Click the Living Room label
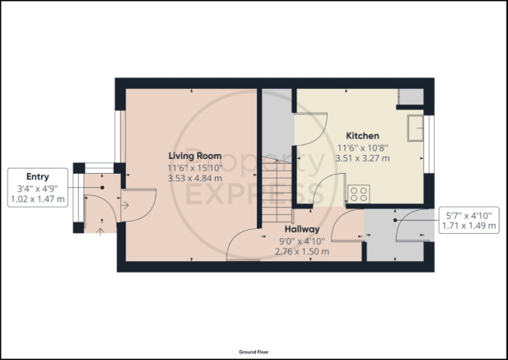click(195, 156)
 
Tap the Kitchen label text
click(362, 135)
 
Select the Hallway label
click(302, 229)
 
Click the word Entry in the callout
click(38, 177)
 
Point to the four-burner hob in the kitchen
click(359, 194)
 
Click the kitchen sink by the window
click(415, 128)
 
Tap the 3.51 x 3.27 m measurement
click(362, 158)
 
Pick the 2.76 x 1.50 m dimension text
click(302, 251)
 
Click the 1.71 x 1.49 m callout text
click(468, 226)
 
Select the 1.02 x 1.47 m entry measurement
click(38, 199)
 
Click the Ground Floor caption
click(254, 352)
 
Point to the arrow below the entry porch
click(100, 231)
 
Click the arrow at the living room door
click(125, 205)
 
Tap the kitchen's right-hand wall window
click(429, 144)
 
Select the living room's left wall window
click(120, 137)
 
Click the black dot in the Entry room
click(102, 188)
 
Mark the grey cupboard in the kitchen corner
click(411, 96)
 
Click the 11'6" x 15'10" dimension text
click(195, 168)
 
